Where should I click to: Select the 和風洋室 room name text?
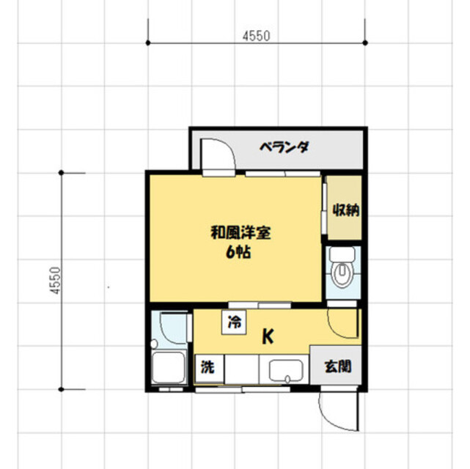241,234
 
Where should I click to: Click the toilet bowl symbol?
343,275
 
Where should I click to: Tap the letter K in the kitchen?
268,338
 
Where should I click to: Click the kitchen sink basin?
287,371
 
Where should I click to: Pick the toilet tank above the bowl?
343,254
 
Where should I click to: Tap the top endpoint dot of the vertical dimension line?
62,174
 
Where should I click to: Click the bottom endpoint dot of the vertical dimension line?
62,388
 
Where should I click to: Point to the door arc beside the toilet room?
340,322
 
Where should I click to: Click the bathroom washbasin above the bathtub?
171,325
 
